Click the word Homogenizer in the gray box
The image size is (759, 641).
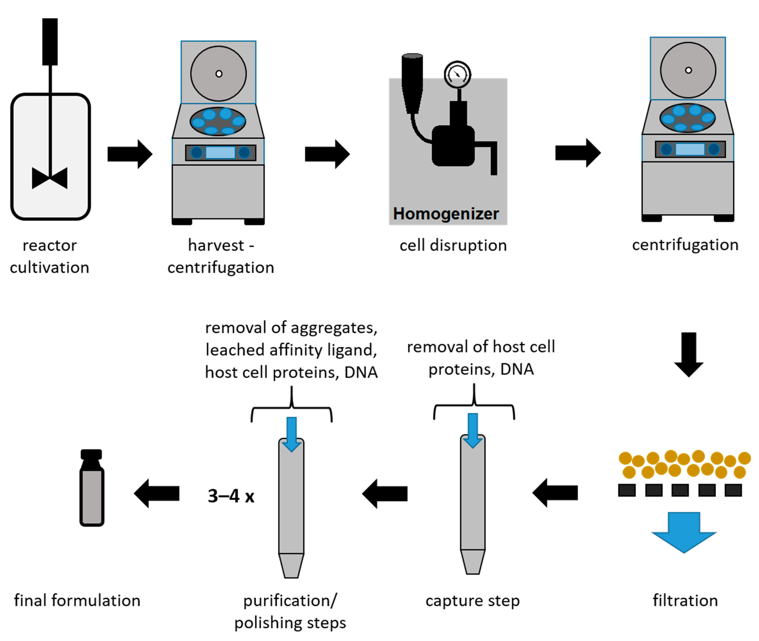pyautogui.click(x=446, y=214)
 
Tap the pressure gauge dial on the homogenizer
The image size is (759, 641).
pyautogui.click(x=457, y=74)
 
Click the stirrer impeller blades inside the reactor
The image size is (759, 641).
pyautogui.click(x=50, y=178)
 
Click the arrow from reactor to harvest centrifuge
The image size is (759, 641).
pyautogui.click(x=129, y=154)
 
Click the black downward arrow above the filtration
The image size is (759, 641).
pyautogui.click(x=688, y=354)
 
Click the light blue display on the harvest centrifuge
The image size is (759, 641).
pyautogui.click(x=220, y=152)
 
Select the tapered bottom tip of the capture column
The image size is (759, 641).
pyautogui.click(x=472, y=562)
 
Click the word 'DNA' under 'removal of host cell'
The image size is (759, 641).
pyautogui.click(x=517, y=369)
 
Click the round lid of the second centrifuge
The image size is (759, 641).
pyautogui.click(x=688, y=70)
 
